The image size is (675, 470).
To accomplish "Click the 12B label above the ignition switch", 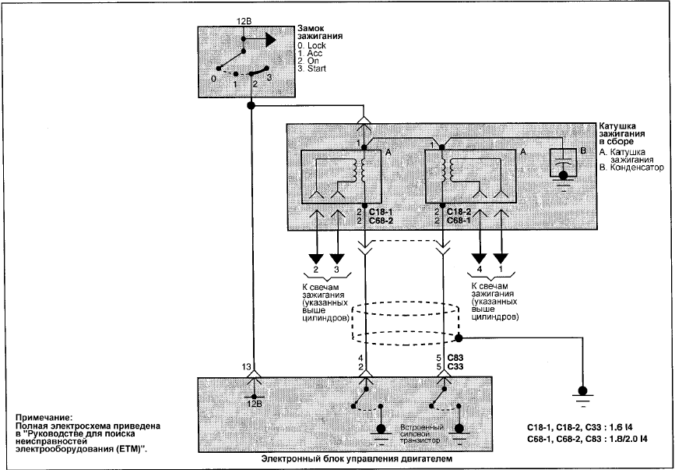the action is point(244,21).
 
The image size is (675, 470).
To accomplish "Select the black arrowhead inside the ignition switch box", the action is point(270,40).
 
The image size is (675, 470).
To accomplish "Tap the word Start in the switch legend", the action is point(316,69).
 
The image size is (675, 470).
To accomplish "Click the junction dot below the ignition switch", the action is point(251,105).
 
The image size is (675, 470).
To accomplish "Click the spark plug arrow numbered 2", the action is point(315,259).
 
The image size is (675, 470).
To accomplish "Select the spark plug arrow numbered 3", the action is point(337,259).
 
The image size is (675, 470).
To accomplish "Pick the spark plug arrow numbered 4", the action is point(479,259).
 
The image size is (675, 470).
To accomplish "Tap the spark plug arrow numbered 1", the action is point(501,259).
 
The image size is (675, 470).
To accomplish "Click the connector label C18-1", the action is point(381,212).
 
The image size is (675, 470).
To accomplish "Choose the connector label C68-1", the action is point(459,221).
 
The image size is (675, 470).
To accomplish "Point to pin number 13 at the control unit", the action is point(246,366).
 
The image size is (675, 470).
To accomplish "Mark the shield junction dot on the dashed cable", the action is point(459,338).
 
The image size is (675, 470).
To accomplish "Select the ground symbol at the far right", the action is point(582,395).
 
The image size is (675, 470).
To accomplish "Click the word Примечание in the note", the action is point(43,418).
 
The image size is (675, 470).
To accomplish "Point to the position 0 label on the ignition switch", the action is point(213,79).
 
